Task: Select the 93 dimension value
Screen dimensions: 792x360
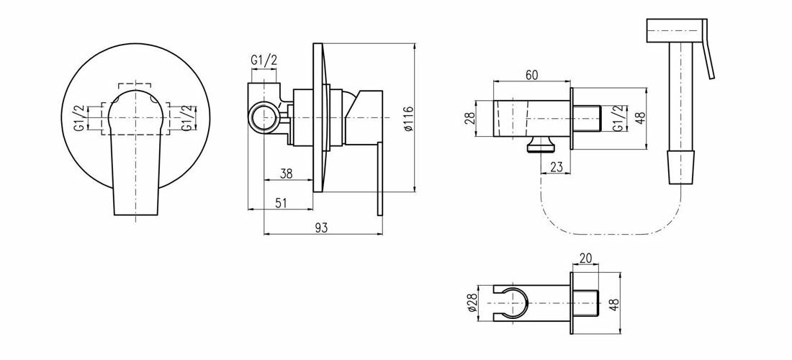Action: (x=321, y=228)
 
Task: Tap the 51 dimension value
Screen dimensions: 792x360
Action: (x=282, y=203)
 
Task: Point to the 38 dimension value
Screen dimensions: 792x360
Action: (x=287, y=174)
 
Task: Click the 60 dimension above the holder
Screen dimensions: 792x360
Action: (x=531, y=75)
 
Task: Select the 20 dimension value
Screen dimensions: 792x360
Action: (x=585, y=258)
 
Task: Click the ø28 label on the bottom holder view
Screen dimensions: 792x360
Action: (x=473, y=302)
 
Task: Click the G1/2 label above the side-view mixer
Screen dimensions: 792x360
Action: (x=264, y=60)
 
